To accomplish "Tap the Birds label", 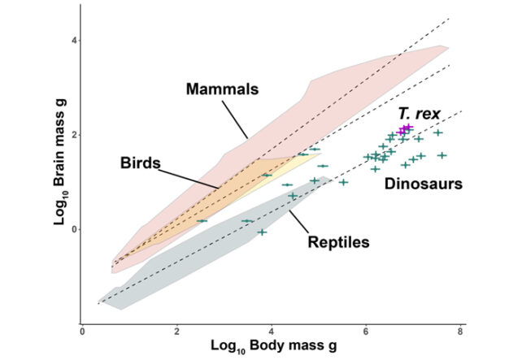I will [140, 163].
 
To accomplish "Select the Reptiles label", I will [339, 241].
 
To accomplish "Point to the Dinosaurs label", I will [423, 184].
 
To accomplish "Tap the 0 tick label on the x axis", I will [82, 331].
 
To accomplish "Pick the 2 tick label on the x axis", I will [176, 331].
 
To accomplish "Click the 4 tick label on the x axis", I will [272, 331].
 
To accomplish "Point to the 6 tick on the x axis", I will [366, 331].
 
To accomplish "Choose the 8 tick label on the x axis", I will [461, 331].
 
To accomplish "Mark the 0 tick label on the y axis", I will [71, 229].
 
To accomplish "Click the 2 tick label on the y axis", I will [71, 135].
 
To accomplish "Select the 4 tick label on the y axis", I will [71, 40].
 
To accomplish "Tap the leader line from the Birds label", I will [189, 176].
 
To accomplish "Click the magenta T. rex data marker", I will [405, 128].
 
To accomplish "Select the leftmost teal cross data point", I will [202, 220].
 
